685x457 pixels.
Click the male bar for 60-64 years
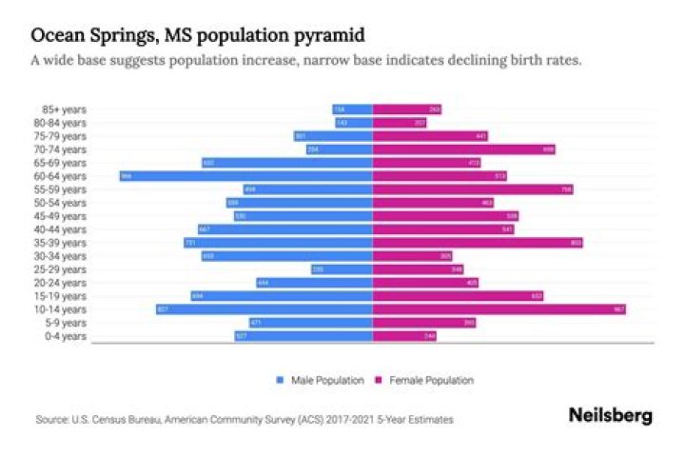(245, 176)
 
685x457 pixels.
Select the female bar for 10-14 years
(499, 309)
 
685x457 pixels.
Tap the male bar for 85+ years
(352, 109)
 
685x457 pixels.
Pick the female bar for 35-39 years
(478, 243)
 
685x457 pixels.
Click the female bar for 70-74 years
(463, 149)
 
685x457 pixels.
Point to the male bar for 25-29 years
(342, 269)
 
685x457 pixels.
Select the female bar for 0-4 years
(404, 336)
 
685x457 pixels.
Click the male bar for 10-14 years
(264, 309)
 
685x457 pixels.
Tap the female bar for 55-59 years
(473, 189)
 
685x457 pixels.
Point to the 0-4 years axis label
(69, 336)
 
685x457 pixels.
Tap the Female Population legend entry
(434, 381)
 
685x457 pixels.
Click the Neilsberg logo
(610, 416)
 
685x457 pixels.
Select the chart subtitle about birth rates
(305, 60)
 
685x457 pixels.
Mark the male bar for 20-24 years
(314, 283)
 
